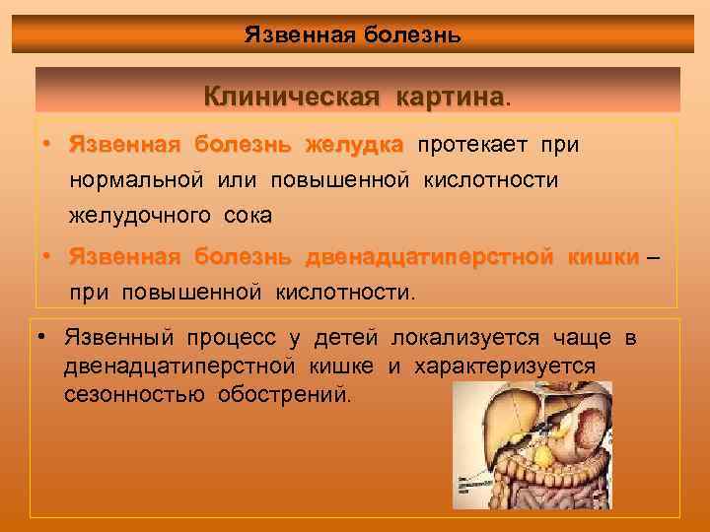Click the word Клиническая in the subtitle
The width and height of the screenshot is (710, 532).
[x=292, y=97]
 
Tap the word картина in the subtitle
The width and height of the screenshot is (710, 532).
[x=450, y=97]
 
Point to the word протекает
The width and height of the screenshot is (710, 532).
[x=474, y=146]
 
